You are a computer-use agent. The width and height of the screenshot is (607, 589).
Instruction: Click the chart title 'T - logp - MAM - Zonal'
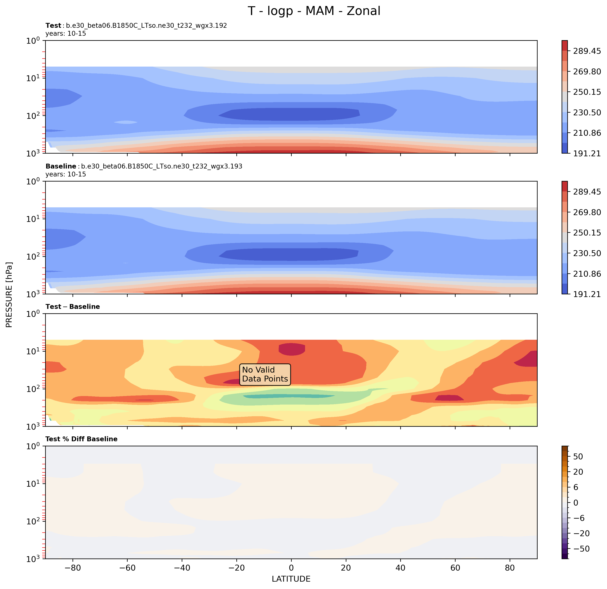(x=314, y=11)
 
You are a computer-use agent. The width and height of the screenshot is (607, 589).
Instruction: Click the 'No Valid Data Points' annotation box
(x=265, y=374)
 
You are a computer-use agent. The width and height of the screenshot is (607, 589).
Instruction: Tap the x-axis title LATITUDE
(x=291, y=579)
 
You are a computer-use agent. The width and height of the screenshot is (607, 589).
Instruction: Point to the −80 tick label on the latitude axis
(x=73, y=568)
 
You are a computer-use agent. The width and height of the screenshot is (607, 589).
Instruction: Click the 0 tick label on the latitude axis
(x=291, y=568)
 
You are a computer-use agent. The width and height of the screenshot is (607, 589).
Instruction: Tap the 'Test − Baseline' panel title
(x=73, y=307)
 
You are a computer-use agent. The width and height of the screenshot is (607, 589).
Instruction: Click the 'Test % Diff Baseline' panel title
(x=81, y=439)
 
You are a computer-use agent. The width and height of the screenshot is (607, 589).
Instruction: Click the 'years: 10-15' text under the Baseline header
(x=66, y=174)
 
